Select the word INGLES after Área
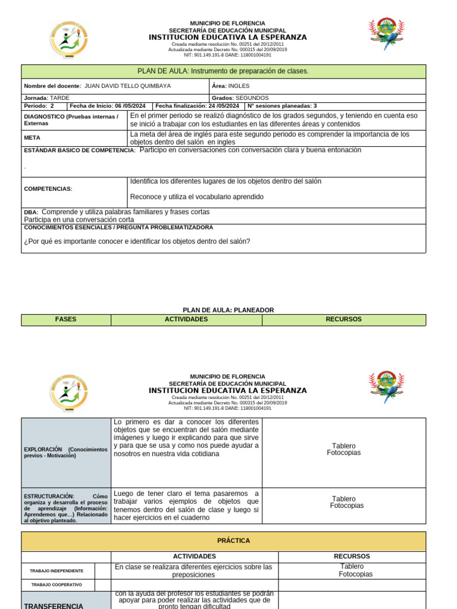239,86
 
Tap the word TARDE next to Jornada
60,98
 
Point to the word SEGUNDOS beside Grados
252,98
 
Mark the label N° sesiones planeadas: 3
282,106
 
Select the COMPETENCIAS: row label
48,189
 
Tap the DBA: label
31,212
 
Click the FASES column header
65,319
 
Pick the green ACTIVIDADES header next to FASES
186,319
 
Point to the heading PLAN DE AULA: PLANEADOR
228,310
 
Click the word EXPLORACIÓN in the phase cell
43,450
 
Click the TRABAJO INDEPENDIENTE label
57,571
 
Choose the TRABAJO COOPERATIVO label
57,585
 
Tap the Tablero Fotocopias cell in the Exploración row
343,449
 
